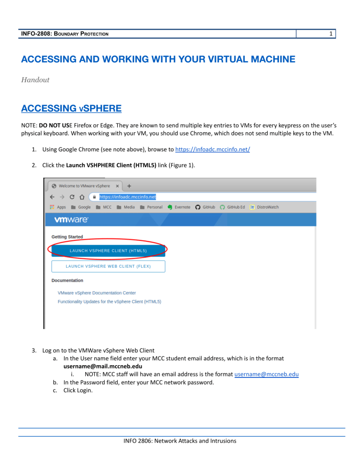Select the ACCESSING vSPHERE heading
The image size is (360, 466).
(x=71, y=109)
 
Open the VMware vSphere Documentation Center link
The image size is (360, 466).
(x=97, y=293)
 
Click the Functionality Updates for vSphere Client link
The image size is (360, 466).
(x=109, y=301)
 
